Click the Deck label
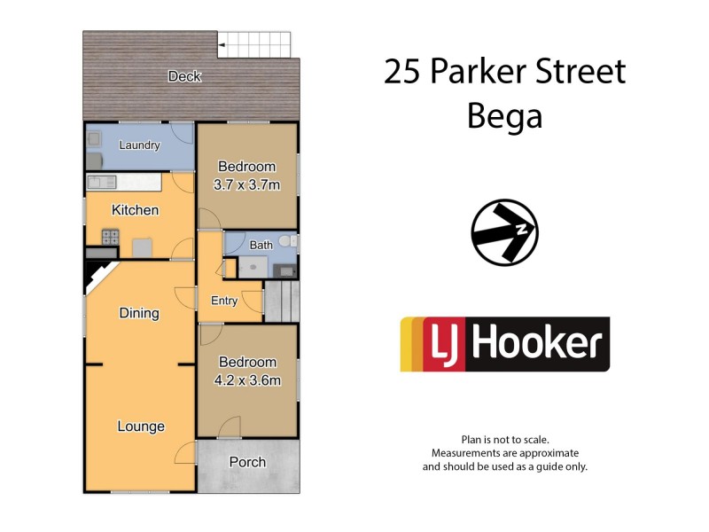click(x=184, y=77)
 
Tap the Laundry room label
click(x=139, y=145)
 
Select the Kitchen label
click(x=135, y=210)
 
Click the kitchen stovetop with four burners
click(x=111, y=237)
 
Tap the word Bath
click(x=261, y=245)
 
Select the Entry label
click(x=224, y=301)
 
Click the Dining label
click(x=139, y=313)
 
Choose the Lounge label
click(x=141, y=426)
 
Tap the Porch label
click(x=247, y=462)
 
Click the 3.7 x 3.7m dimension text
click(x=247, y=185)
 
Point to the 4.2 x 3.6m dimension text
click(x=247, y=381)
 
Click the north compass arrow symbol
click(x=504, y=232)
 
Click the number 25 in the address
click(x=404, y=72)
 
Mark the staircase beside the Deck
click(x=254, y=43)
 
